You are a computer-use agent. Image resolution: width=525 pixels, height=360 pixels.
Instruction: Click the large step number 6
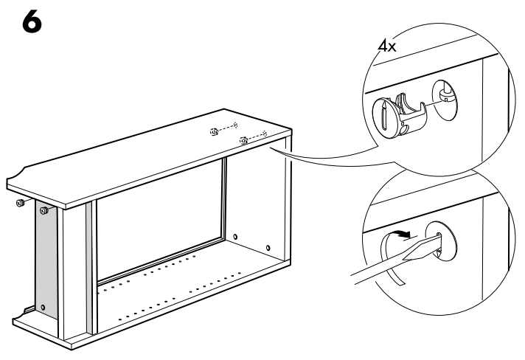point(32,22)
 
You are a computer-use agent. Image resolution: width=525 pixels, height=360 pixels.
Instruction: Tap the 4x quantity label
point(386,46)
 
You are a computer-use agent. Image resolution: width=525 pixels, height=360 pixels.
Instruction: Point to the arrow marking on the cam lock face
point(385,116)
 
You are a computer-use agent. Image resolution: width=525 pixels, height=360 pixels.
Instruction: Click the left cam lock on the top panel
point(215,132)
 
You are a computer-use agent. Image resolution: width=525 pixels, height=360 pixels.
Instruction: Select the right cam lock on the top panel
point(244,141)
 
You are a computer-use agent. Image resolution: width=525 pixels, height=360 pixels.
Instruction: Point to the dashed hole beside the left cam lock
point(235,125)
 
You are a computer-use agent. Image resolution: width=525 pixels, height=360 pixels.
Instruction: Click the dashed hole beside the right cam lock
point(265,134)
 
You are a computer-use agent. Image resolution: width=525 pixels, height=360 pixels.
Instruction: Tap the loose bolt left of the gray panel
point(21,203)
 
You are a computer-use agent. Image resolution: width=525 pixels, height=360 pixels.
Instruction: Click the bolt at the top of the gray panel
point(44,211)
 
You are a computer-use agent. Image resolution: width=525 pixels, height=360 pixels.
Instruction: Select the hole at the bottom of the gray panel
point(43,307)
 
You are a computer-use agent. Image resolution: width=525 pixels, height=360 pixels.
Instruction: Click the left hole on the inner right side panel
point(235,237)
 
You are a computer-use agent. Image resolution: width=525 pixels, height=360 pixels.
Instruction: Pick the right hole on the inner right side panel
point(268,248)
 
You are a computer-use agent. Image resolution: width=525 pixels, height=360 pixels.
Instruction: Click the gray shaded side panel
point(46,260)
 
